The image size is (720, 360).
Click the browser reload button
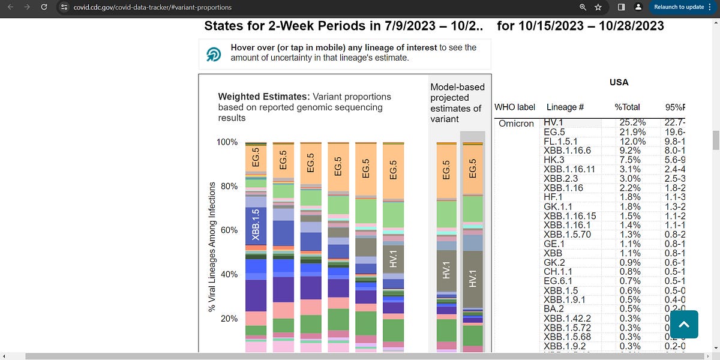[x=43, y=7]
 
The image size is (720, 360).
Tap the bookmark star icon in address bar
[x=598, y=7]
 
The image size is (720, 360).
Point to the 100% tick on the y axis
[x=227, y=142]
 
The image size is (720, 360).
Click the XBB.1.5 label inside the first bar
[x=256, y=225]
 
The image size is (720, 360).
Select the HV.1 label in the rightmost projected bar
[x=472, y=280]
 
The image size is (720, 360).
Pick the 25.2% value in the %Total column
[x=632, y=123]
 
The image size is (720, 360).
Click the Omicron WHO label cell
[x=516, y=123]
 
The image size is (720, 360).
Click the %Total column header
[x=627, y=107]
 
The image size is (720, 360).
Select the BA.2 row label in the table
[x=553, y=308]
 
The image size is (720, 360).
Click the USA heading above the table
[x=619, y=82]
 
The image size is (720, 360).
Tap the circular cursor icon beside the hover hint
[x=214, y=55]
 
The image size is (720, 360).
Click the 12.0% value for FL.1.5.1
[x=632, y=141]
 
